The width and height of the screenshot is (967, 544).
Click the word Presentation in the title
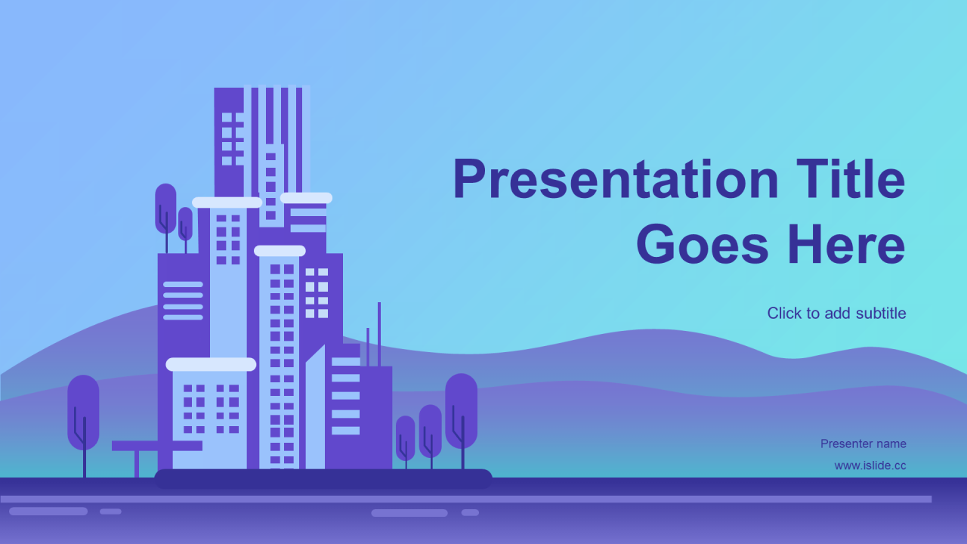click(616, 179)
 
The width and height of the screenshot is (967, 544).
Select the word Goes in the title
click(703, 244)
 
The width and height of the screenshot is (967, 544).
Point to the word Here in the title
click(847, 244)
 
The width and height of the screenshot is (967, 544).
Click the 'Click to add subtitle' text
click(836, 314)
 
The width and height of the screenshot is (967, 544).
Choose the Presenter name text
click(864, 444)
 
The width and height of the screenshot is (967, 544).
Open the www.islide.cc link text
click(870, 465)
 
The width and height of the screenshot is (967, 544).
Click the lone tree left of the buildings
click(83, 425)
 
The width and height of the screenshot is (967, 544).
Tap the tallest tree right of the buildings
click(461, 421)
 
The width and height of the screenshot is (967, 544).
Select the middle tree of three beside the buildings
click(431, 437)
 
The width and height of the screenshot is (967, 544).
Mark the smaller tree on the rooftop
click(186, 230)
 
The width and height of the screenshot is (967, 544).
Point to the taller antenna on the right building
click(379, 334)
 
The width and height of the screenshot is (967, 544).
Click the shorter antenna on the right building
click(368, 347)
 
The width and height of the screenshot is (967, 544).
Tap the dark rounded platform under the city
click(323, 479)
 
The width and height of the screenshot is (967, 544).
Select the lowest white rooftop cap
click(211, 364)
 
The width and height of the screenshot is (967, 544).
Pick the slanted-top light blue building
click(315, 407)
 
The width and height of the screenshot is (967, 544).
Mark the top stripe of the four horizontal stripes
click(183, 285)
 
